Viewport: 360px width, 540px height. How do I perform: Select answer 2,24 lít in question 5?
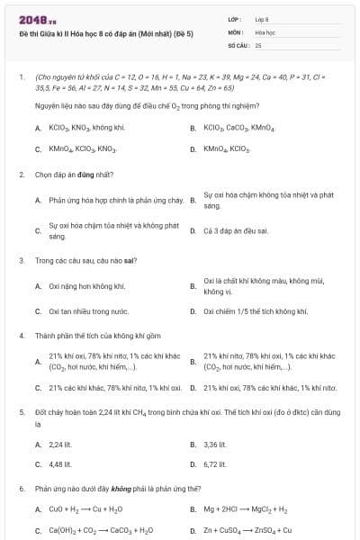coord(60,444)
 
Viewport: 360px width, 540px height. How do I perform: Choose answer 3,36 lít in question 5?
coord(215,444)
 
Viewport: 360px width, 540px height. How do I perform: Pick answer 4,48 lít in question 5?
coord(60,464)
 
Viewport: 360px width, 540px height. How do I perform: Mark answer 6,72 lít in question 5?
coord(215,464)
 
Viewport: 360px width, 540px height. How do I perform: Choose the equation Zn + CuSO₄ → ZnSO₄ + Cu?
coord(247,530)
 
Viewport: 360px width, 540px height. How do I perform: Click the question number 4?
coord(21,335)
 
